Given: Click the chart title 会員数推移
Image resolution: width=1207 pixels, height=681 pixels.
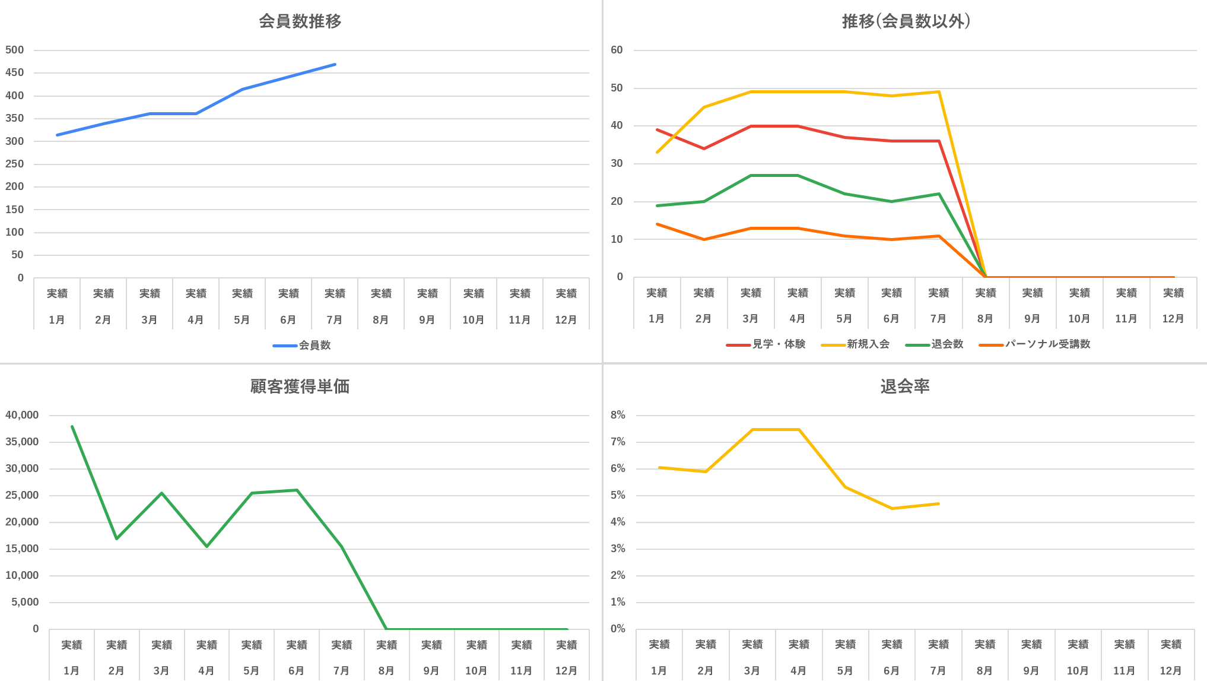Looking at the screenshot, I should click(x=300, y=21).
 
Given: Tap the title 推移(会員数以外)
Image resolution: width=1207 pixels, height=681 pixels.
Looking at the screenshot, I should click(x=906, y=21).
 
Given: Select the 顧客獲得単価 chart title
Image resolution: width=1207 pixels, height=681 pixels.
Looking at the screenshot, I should click(x=300, y=387).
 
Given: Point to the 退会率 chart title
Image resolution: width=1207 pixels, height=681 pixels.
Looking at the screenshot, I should click(x=905, y=387).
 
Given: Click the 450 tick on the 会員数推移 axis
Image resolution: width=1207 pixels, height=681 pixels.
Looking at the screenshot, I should click(x=15, y=72).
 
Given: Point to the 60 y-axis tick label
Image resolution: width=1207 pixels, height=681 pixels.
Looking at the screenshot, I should click(x=617, y=50).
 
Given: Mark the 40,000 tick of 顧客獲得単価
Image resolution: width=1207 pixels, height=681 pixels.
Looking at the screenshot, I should click(x=22, y=415).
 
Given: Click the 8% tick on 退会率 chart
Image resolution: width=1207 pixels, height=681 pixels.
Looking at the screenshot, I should click(x=618, y=415).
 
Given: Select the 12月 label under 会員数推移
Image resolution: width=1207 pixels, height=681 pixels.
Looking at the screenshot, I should click(x=566, y=320).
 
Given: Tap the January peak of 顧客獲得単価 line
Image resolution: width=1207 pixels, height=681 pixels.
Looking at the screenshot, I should click(x=72, y=426).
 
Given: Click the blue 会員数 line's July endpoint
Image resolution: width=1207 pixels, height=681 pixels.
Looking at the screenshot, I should click(x=335, y=64).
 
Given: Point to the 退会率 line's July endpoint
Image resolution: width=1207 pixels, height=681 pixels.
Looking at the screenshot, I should click(x=938, y=503).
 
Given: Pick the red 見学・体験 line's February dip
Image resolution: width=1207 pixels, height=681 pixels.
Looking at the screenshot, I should click(x=704, y=148).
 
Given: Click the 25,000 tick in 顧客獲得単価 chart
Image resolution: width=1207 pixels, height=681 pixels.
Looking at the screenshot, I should click(x=22, y=495).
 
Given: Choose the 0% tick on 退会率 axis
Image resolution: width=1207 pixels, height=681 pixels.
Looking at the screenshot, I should click(x=618, y=629).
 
